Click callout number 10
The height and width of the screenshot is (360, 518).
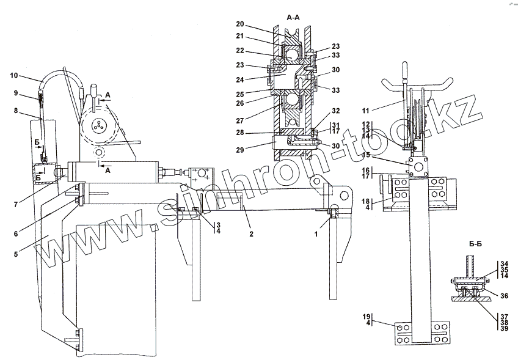pos(15,76)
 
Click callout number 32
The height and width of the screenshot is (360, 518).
pos(335,112)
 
